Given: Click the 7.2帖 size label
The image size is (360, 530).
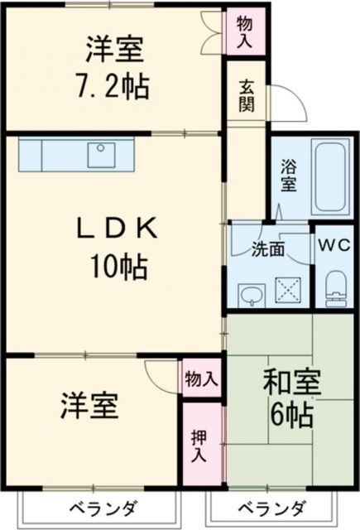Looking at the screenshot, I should pos(115,85).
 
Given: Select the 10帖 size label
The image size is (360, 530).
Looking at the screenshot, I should pos(119,267).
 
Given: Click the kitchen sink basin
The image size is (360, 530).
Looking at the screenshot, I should pos(104,154).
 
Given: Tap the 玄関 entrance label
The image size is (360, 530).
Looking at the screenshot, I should pos(246,95).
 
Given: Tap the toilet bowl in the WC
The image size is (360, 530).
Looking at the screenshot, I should pos(336,287).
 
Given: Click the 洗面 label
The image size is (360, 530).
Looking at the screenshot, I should pos(267,248).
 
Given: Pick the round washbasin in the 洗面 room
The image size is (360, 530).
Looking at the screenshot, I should pos(250,293).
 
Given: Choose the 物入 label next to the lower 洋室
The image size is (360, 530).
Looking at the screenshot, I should pos(201,380).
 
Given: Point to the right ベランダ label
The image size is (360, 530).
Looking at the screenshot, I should pos(272,508).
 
